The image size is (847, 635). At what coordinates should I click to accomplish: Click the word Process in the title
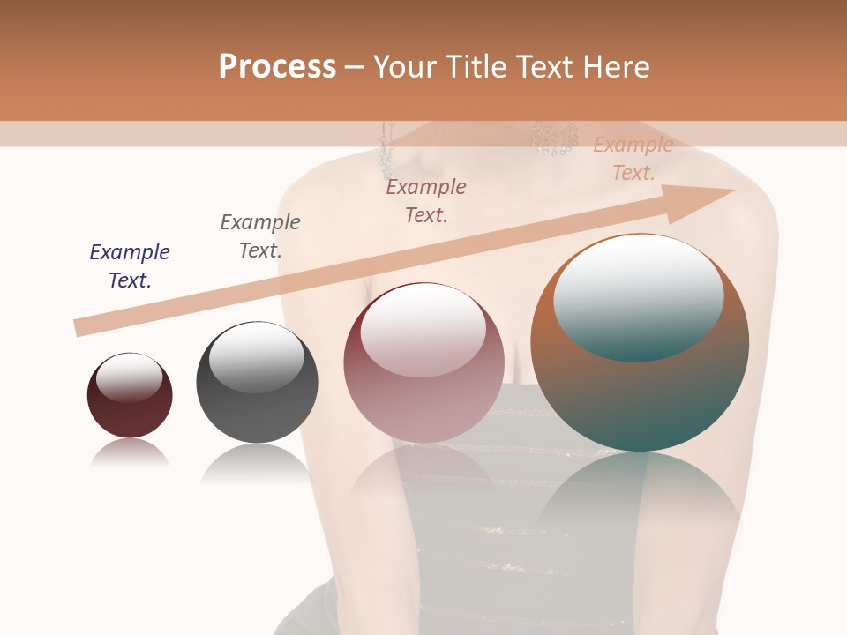(x=277, y=67)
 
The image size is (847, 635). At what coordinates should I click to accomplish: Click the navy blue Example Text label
(x=130, y=265)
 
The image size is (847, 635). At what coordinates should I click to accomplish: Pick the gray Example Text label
(x=260, y=235)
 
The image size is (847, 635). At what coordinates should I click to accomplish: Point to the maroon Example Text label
(x=426, y=200)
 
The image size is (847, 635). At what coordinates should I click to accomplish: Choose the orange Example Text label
(x=633, y=159)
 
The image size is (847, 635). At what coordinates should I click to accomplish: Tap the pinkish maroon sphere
(x=423, y=406)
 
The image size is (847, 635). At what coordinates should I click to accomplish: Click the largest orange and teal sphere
(x=640, y=397)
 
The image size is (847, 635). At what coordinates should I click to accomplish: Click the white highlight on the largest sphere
(x=638, y=295)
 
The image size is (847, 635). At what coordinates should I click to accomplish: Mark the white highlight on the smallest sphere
(x=129, y=377)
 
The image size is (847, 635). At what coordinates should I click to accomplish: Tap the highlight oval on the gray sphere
(x=256, y=357)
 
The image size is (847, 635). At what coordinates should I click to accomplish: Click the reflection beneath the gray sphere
(x=256, y=462)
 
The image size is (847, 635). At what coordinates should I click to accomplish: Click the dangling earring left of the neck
(x=386, y=150)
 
